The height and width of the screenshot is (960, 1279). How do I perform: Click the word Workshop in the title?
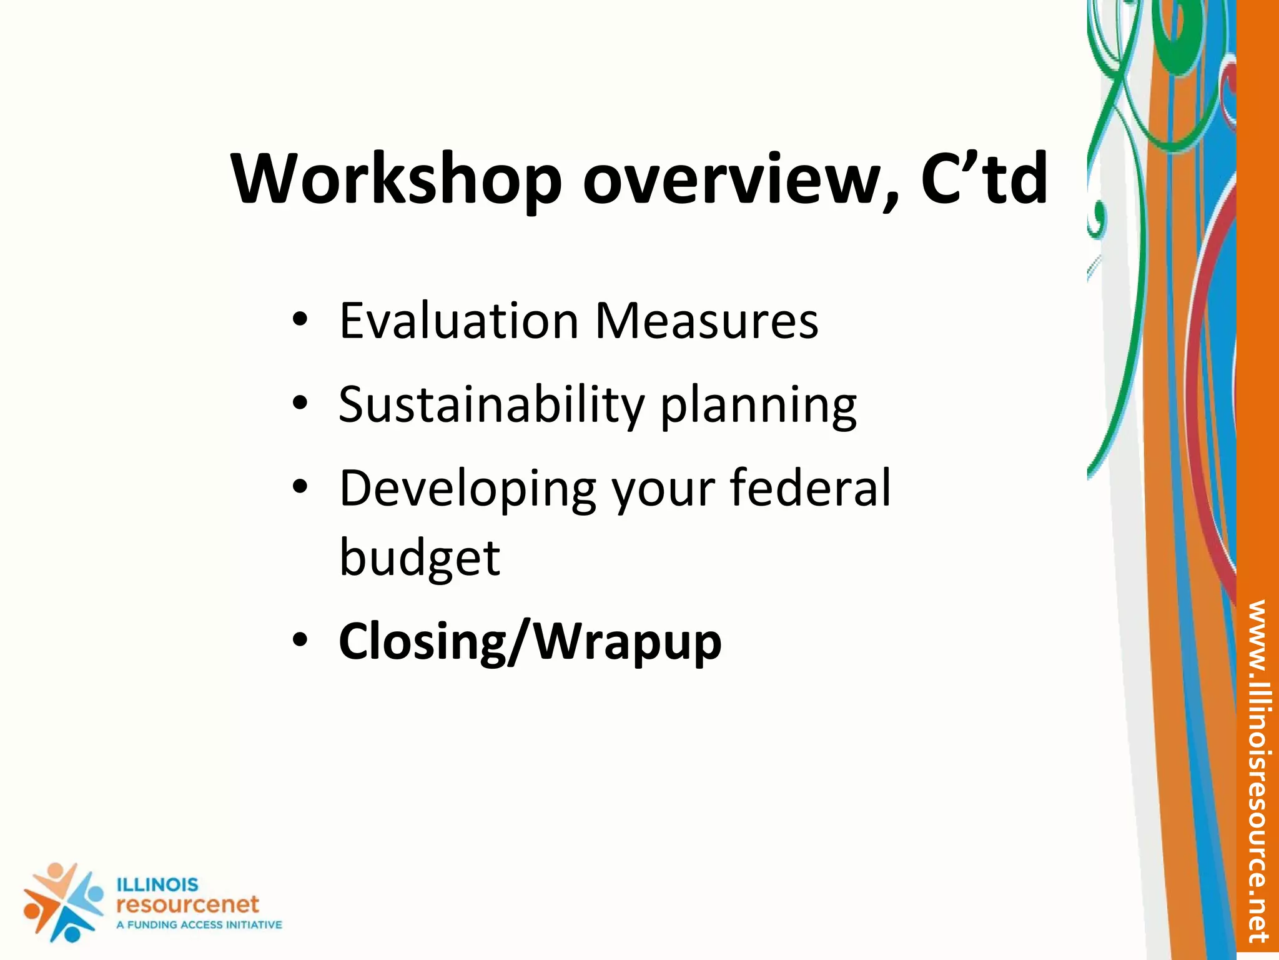(397, 179)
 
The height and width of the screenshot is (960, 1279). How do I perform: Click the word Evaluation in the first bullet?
(459, 321)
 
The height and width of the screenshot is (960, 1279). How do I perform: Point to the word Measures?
(706, 321)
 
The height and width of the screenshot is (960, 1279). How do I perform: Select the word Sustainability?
(491, 405)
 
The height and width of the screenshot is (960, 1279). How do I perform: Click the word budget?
(419, 558)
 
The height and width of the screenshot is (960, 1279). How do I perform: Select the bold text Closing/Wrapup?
(530, 642)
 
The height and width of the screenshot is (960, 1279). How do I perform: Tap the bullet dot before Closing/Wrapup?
(300, 641)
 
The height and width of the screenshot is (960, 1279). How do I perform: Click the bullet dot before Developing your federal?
(300, 487)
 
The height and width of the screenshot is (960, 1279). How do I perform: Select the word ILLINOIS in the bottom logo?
(157, 884)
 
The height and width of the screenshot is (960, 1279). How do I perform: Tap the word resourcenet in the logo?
(187, 904)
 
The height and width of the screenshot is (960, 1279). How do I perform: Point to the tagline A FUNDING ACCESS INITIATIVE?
(199, 924)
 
